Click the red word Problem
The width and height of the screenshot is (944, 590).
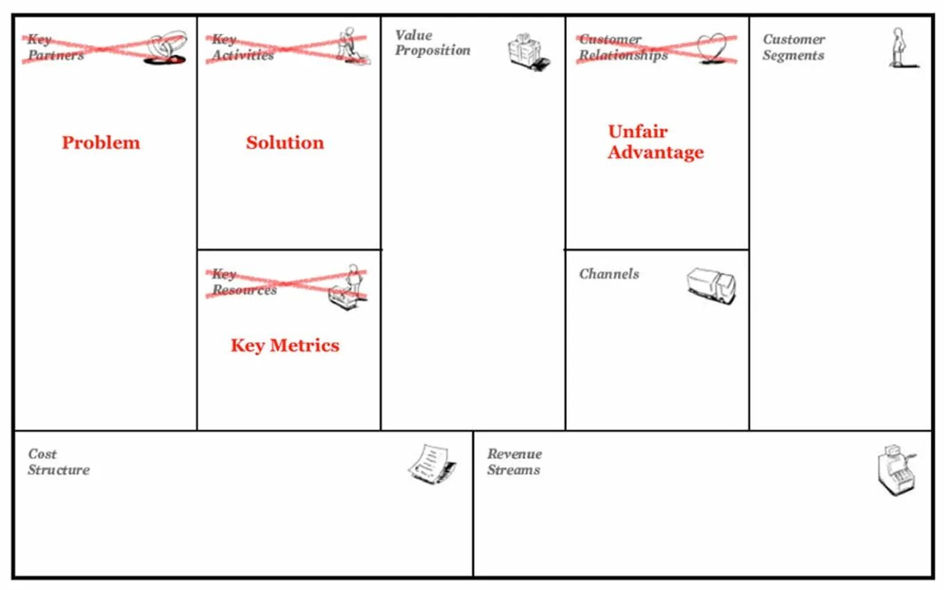(x=101, y=143)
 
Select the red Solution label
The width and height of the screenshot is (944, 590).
(x=285, y=143)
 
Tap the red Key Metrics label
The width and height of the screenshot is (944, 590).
(x=285, y=346)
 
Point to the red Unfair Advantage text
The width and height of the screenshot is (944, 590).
(x=655, y=142)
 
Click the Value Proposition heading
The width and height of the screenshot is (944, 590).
(x=432, y=43)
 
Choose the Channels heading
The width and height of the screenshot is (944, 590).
(x=609, y=274)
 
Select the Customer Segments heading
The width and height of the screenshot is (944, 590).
(x=793, y=47)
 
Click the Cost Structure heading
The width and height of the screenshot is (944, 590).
(x=58, y=462)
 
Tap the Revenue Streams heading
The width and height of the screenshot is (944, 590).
(x=514, y=462)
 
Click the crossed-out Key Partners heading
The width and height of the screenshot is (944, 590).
(x=56, y=47)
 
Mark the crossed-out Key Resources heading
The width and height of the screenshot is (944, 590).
(x=244, y=283)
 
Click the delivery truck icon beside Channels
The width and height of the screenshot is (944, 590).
(x=711, y=285)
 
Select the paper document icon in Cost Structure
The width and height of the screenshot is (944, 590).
(x=432, y=462)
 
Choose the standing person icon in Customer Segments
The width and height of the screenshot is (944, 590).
(x=900, y=47)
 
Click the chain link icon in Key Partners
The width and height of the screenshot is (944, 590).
(x=167, y=47)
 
